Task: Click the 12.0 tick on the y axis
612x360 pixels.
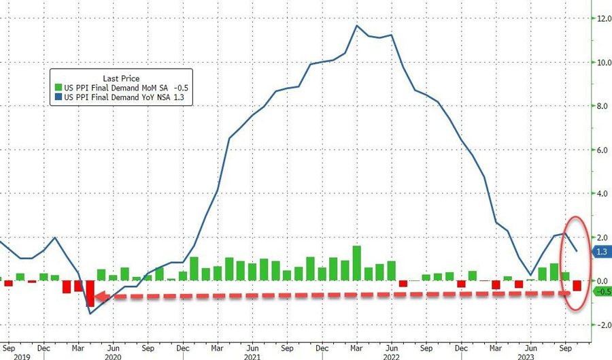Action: pyautogui.click(x=602, y=18)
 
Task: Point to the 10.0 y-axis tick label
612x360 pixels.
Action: pyautogui.click(x=602, y=62)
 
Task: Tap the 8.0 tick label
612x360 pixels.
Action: pyautogui.click(x=602, y=106)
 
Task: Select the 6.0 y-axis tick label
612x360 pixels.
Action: pyautogui.click(x=602, y=150)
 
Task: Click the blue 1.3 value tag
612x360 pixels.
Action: pyautogui.click(x=601, y=252)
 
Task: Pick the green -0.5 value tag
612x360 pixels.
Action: pyautogui.click(x=601, y=292)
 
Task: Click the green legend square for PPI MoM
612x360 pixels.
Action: pyautogui.click(x=58, y=88)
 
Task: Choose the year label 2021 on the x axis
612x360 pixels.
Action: pyautogui.click(x=252, y=355)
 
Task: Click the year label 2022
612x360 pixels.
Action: pyautogui.click(x=392, y=355)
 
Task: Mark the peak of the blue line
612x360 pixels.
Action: pyautogui.click(x=357, y=26)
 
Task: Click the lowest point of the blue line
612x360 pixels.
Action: pyautogui.click(x=90, y=313)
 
